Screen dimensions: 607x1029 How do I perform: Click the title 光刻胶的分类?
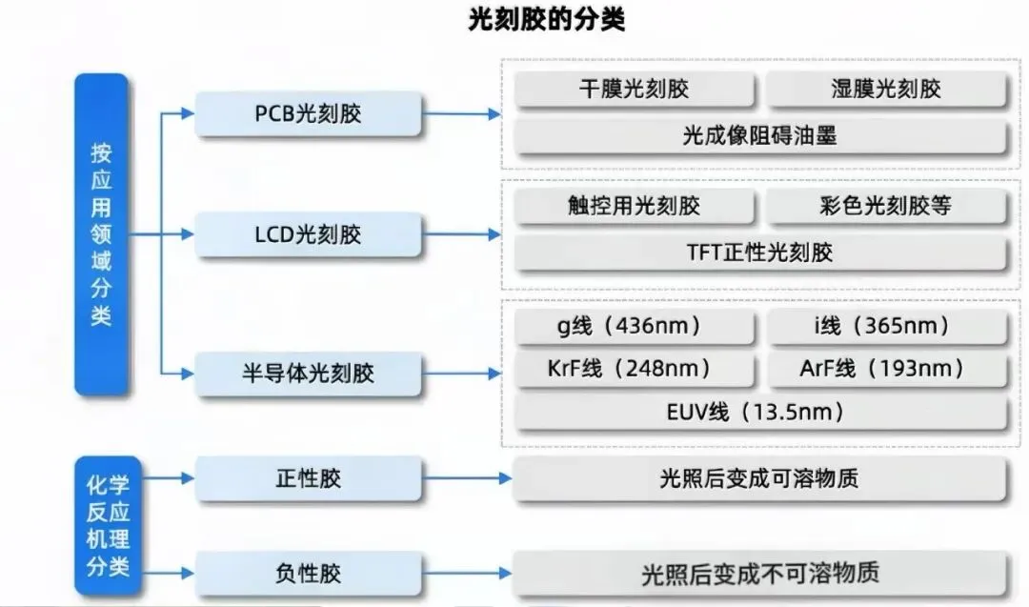tap(546, 19)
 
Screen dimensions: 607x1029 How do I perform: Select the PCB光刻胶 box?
tap(308, 114)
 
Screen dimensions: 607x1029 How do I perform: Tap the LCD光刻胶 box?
tap(308, 234)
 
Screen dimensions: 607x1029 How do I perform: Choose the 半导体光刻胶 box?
tap(308, 374)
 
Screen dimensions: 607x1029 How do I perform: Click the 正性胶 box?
tap(308, 478)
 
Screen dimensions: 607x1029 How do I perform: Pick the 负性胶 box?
tap(308, 574)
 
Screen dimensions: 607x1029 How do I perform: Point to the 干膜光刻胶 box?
tap(634, 90)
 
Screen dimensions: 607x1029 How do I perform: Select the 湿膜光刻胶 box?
tap(886, 90)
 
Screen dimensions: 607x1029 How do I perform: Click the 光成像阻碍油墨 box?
tap(759, 136)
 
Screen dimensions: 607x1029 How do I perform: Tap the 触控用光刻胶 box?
tap(634, 206)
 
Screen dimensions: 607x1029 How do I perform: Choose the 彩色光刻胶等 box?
tap(886, 206)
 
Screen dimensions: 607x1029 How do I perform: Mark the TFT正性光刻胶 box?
tap(759, 253)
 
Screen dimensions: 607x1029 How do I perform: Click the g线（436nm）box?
tap(634, 326)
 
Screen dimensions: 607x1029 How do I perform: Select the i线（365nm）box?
tap(886, 326)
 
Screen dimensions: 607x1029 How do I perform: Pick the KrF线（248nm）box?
tap(634, 369)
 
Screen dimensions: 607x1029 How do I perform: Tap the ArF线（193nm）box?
tap(886, 369)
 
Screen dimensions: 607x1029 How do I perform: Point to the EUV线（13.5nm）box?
tap(759, 413)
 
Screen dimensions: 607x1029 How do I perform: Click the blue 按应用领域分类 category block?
tap(101, 234)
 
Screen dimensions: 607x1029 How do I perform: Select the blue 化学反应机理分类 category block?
tap(101, 525)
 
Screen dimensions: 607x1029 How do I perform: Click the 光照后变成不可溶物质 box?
tap(759, 574)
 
